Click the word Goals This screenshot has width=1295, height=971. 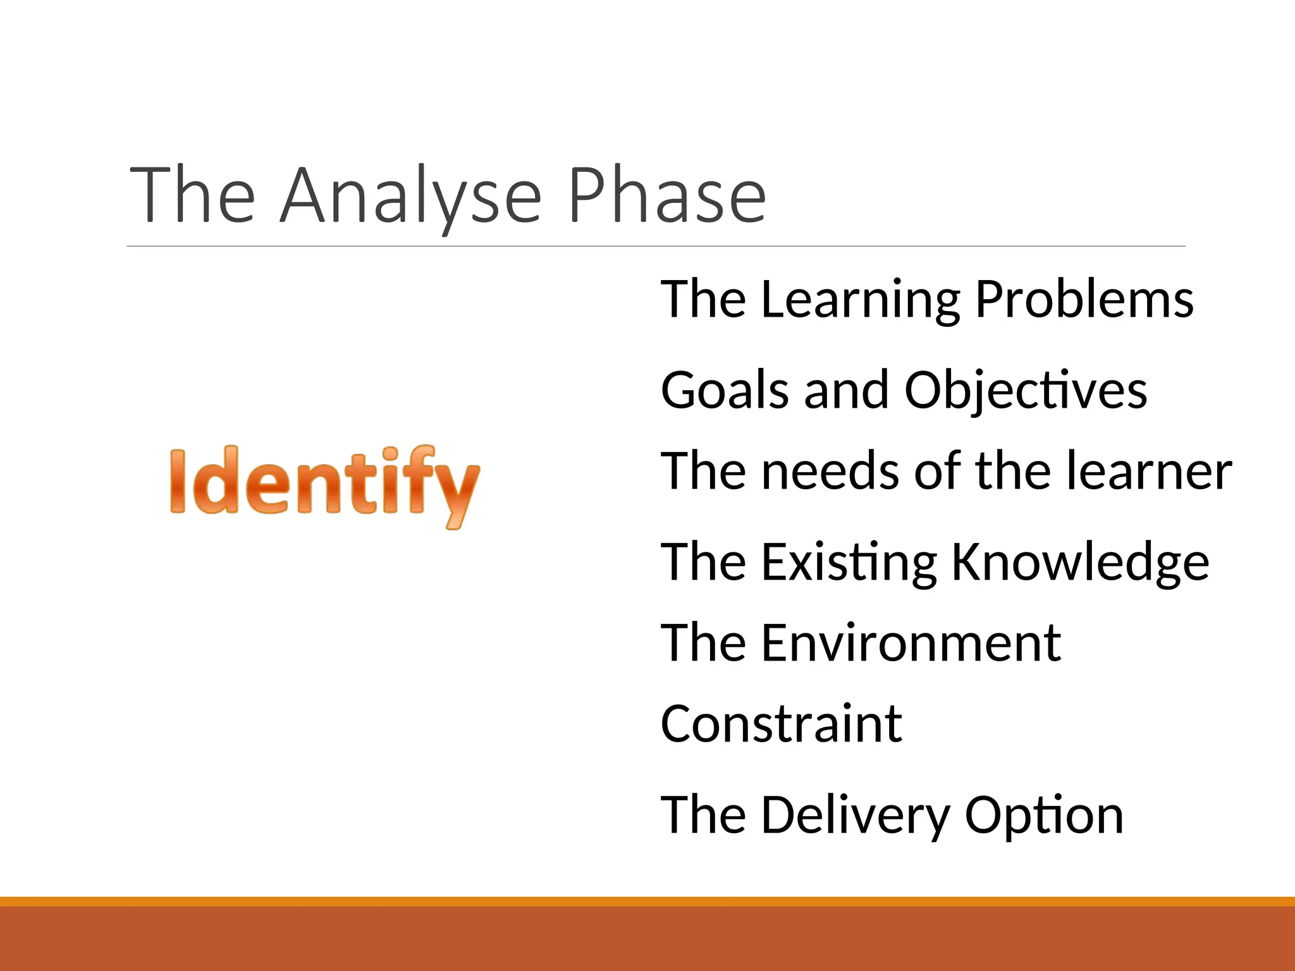725,390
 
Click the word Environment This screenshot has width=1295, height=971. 911,643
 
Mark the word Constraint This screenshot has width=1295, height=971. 781,724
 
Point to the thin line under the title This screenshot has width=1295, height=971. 656,246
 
